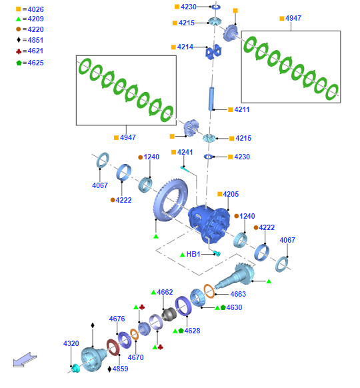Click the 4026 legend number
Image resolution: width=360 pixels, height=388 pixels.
[35, 9]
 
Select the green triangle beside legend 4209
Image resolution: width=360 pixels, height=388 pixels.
[18, 19]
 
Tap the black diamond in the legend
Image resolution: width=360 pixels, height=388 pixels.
[19, 39]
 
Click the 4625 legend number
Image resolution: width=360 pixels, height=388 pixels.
[35, 63]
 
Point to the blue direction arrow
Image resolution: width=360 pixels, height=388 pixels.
[25, 359]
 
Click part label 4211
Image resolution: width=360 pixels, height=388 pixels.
[242, 109]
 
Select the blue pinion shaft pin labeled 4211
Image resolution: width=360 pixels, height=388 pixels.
[211, 99]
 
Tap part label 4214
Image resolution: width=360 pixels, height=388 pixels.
[185, 47]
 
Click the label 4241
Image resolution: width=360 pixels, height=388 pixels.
[185, 152]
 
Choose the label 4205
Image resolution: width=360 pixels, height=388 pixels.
[231, 194]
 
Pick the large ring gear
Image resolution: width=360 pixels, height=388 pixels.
[170, 200]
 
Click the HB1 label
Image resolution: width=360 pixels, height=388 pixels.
[193, 254]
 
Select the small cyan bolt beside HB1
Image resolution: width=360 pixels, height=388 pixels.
[217, 253]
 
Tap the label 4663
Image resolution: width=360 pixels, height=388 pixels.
[238, 294]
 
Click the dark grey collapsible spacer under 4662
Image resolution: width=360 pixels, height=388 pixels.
[169, 314]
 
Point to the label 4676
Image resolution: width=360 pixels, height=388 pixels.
[117, 319]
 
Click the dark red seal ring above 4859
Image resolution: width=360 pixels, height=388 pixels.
[113, 347]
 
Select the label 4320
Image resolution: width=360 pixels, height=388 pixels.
[71, 343]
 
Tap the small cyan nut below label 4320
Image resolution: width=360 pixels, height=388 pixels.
[76, 368]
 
